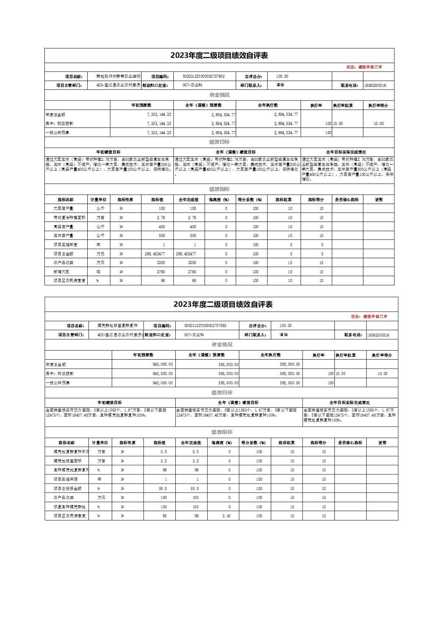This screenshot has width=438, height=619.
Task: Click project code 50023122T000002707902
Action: (x=204, y=76)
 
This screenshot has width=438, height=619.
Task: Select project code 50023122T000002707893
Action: (x=205, y=326)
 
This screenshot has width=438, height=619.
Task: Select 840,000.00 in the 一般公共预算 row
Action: (x=162, y=383)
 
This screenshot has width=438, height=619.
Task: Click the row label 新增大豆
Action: (x=63, y=272)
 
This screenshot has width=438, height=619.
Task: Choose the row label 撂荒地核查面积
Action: (x=67, y=461)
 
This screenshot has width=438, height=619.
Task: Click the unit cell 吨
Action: (x=98, y=272)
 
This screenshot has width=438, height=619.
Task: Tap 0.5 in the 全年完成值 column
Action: (x=195, y=452)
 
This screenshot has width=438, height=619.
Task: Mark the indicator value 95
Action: (x=164, y=516)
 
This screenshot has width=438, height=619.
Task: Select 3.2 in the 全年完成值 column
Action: (x=195, y=461)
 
